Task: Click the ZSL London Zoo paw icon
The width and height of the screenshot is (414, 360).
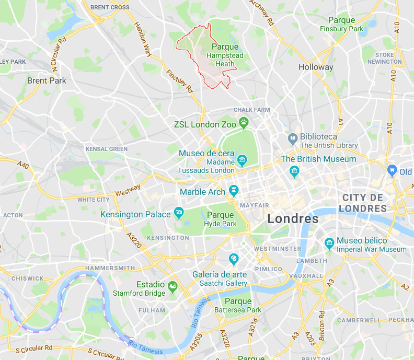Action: [244, 124]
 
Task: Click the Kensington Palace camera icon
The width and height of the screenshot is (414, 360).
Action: [179, 212]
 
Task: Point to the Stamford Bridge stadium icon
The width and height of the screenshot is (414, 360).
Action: [172, 285]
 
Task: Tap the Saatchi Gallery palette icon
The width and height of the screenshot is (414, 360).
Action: [234, 258]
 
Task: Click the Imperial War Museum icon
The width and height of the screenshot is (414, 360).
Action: [329, 243]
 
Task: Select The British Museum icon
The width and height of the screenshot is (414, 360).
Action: [294, 171]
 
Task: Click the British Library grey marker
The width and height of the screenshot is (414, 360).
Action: [293, 139]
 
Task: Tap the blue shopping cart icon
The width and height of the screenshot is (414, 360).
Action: [393, 170]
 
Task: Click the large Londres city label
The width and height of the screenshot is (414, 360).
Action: [293, 218]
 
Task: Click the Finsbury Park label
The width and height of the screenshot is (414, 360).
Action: [341, 25]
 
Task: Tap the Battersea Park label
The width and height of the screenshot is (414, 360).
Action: [238, 306]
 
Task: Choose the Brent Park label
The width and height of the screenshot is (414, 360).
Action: [47, 80]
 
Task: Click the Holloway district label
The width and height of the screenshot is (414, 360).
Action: [315, 67]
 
